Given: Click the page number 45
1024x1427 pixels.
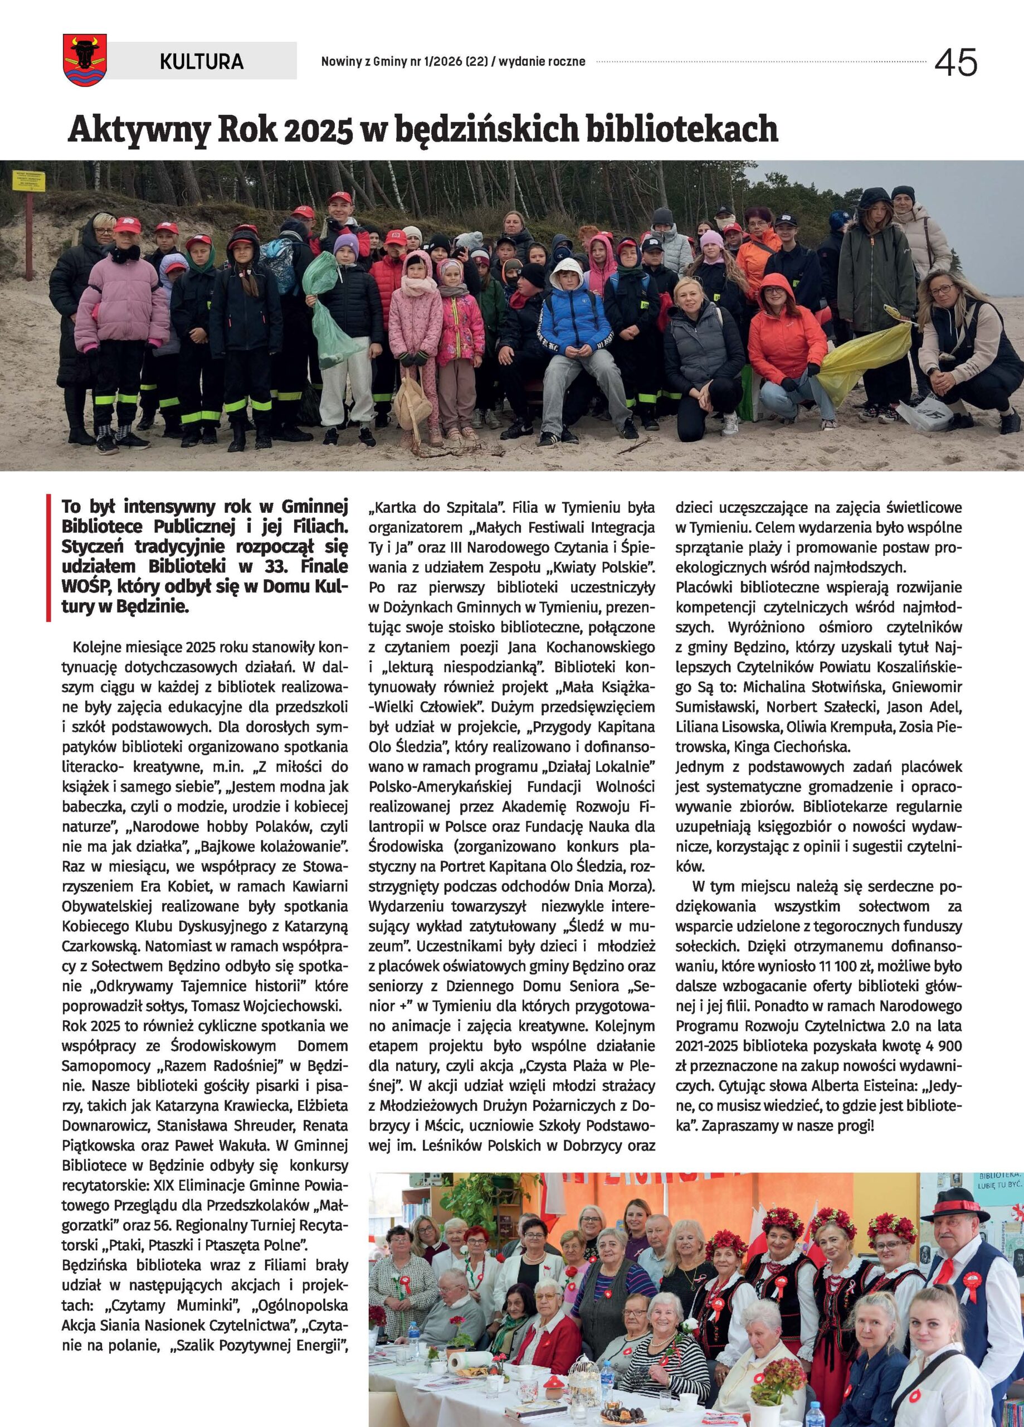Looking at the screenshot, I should point(955,63).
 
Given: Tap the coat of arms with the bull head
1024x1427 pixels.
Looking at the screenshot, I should point(85,60).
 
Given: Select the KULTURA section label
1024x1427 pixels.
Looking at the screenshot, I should point(201,61).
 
